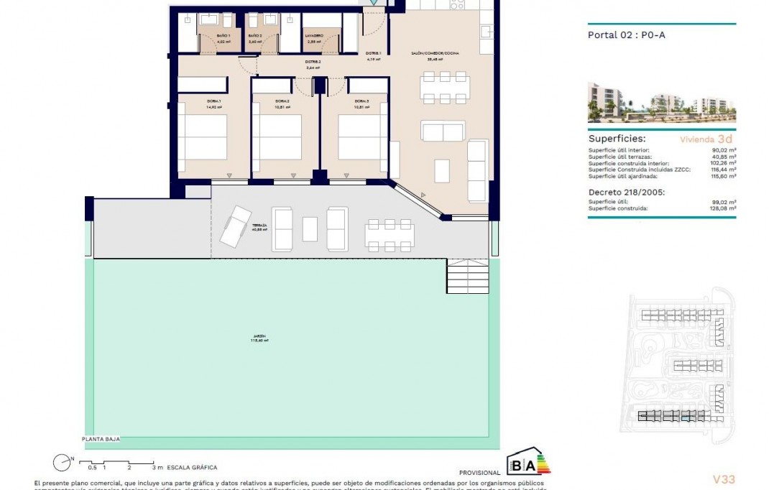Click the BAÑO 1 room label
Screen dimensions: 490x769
pos(224,35)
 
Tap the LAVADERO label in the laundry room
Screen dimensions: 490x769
pos(314,35)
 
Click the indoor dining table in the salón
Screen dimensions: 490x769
pos(446,88)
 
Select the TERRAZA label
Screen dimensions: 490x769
pos(259,226)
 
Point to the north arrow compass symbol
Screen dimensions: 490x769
pos(61,463)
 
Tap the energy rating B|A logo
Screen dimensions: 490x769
pos(529,463)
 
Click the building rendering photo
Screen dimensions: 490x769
pos(661,102)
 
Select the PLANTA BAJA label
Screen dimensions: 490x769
pos(100,438)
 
